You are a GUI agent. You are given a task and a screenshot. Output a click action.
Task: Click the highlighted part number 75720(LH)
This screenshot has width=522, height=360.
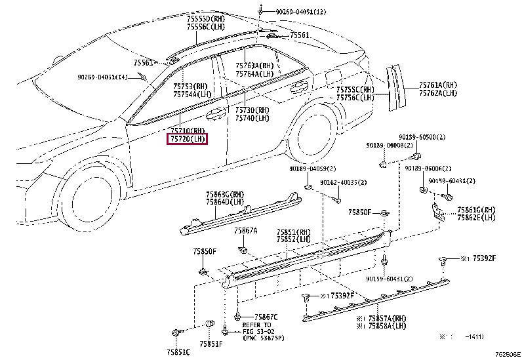pos(188,139)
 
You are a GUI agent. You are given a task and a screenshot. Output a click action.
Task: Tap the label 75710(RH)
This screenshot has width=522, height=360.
pos(188,130)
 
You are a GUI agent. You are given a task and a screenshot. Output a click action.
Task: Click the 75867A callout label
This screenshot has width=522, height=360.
pos(246,231)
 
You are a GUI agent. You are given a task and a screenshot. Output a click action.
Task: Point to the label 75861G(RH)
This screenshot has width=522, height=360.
pos(476,210)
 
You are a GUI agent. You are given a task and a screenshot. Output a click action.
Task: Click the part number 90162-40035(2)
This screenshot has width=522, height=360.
pos(343,182)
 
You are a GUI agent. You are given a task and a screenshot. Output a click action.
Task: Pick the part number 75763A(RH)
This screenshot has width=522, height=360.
pos(255,66)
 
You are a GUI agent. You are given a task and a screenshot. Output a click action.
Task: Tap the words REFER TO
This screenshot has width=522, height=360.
pos(256,325)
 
